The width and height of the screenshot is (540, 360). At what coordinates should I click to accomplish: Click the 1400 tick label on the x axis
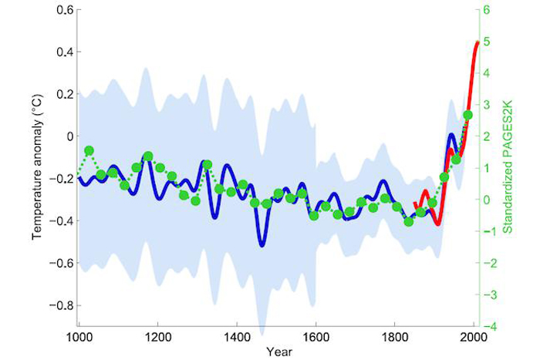coord(236,337)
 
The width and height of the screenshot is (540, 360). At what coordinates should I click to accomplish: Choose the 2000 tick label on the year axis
coord(473,337)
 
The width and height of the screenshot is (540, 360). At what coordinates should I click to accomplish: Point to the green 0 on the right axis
coord(484,200)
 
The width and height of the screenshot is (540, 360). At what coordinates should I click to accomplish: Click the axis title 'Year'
coord(275,352)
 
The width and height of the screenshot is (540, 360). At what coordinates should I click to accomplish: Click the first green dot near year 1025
coord(89,150)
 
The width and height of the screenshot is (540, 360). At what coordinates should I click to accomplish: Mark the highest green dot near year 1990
coord(467,116)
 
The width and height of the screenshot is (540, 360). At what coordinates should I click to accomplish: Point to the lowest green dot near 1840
coord(409,222)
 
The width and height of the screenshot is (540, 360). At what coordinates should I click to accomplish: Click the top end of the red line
coord(478,42)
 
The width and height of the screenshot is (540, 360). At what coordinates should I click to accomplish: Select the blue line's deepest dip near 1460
coord(262,245)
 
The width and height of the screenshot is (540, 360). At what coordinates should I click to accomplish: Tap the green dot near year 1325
coord(208,164)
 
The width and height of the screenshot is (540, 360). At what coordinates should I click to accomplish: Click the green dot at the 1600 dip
coord(314,216)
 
